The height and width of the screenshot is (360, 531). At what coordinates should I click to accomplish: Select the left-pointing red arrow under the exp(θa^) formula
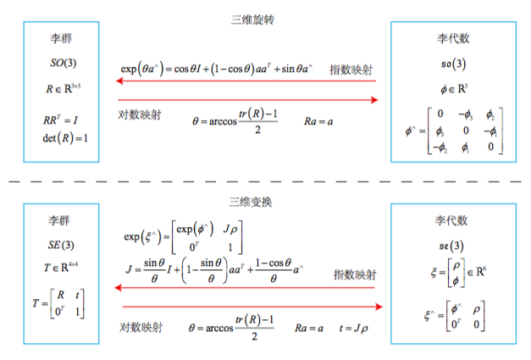pos(246,81)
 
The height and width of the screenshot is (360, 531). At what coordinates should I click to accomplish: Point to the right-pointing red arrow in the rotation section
pos(246,101)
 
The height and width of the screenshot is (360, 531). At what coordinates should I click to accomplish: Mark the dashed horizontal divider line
pos(265,181)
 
